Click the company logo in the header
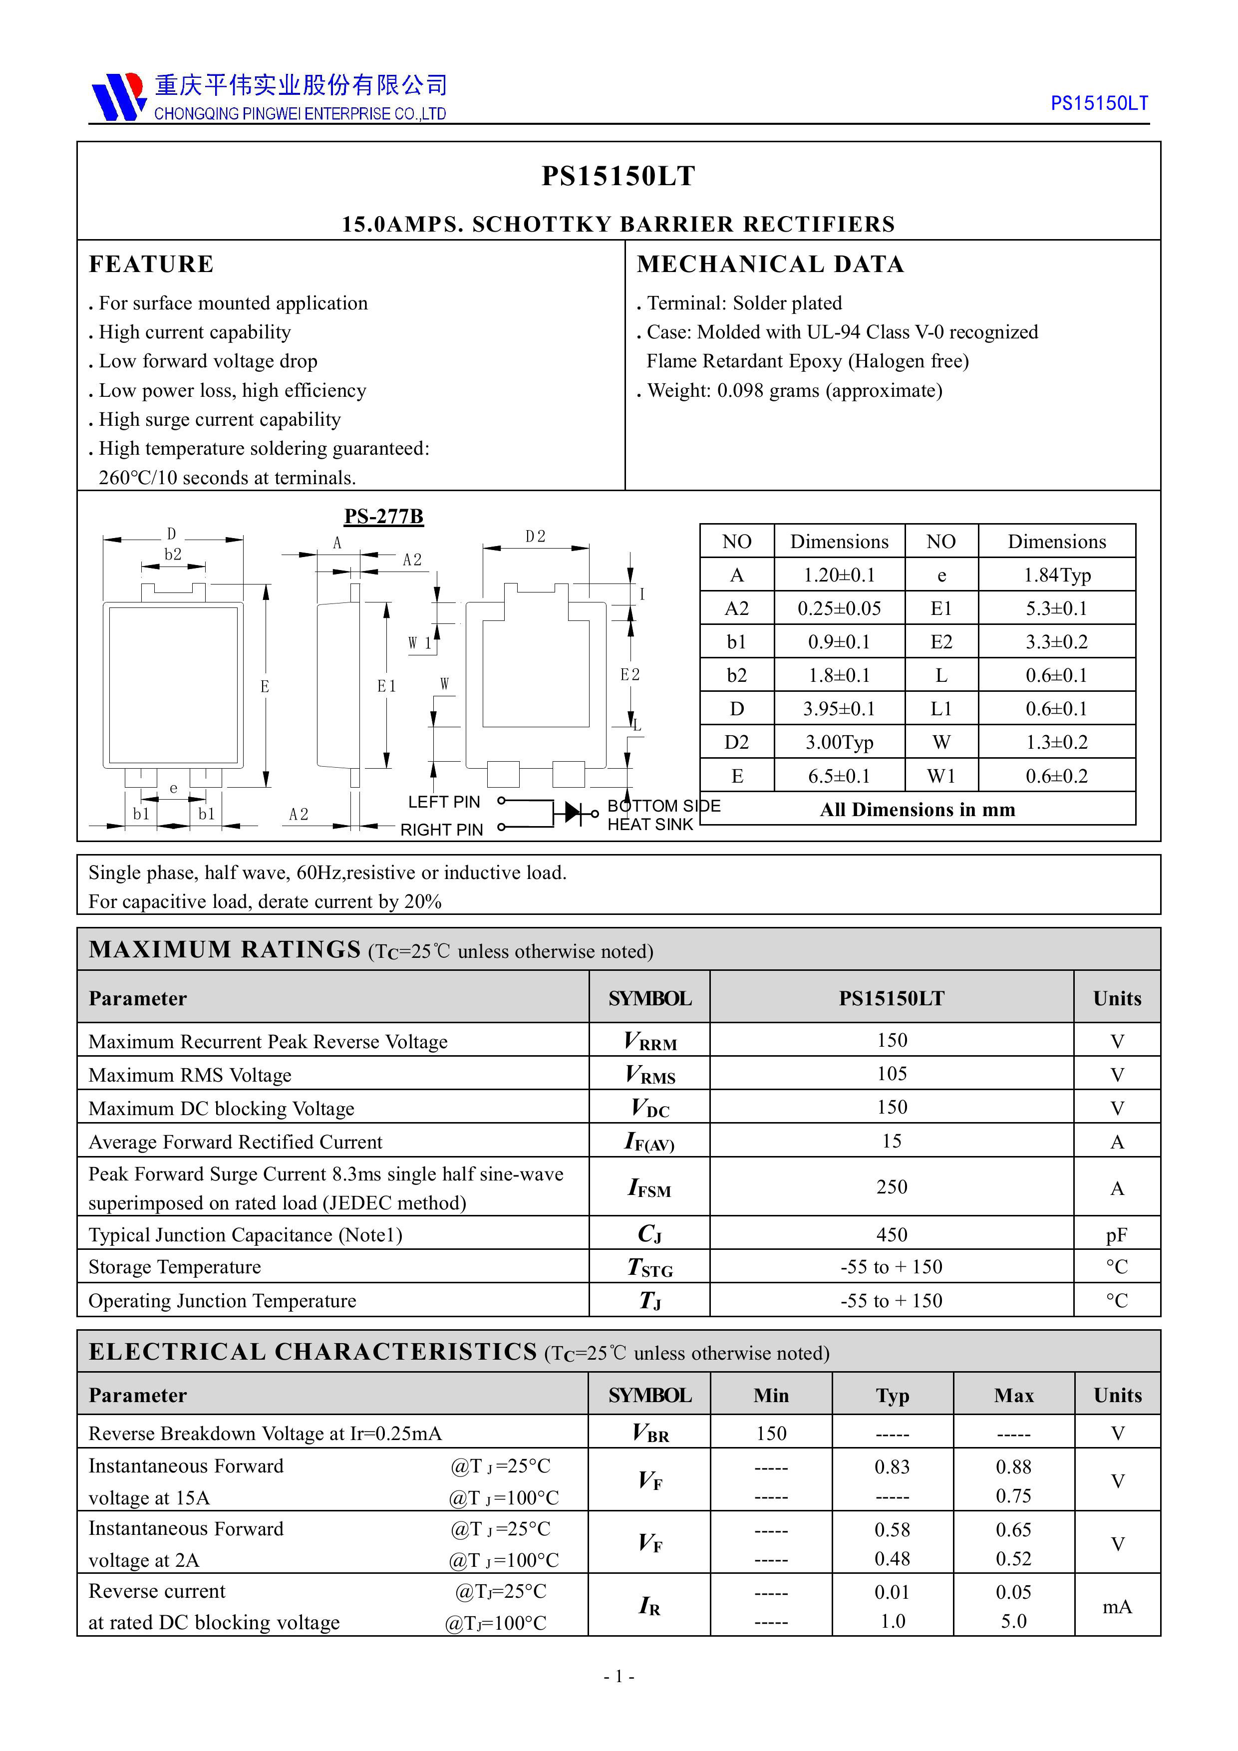click(118, 97)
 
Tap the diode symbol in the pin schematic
click(574, 813)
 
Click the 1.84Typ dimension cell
click(1056, 575)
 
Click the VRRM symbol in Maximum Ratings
click(650, 1041)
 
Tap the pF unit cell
click(1117, 1235)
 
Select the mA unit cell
click(1117, 1606)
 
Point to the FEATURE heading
click(151, 264)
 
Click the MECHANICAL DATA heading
click(770, 264)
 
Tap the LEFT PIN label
click(443, 802)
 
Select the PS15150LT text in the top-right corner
click(1099, 103)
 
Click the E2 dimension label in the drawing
click(630, 674)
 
